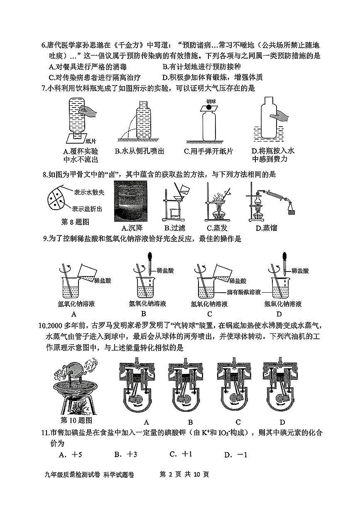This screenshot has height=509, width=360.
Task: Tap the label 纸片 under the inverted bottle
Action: pyautogui.click(x=91, y=141)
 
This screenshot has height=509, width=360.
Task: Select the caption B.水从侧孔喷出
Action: pyautogui.click(x=140, y=151)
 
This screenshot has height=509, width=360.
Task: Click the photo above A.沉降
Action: pyautogui.click(x=131, y=201)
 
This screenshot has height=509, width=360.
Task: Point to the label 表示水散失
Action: pyautogui.click(x=89, y=192)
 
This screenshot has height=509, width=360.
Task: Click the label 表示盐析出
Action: pyautogui.click(x=87, y=208)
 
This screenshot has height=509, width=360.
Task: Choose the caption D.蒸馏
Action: pyautogui.click(x=266, y=228)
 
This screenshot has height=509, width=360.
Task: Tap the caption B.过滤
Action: pyautogui.click(x=175, y=228)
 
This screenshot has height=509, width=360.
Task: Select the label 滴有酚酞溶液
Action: pyautogui.click(x=244, y=292)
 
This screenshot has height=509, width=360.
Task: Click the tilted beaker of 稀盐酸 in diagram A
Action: pyautogui.click(x=87, y=272)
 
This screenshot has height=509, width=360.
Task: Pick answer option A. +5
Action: pyautogui.click(x=70, y=455)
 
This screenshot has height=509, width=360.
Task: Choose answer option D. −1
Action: pyautogui.click(x=235, y=455)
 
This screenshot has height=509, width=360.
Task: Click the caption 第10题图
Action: pyautogui.click(x=76, y=420)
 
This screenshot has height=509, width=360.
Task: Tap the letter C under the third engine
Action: pyautogui.click(x=238, y=422)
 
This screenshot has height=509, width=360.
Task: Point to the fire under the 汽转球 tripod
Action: pyautogui.click(x=78, y=406)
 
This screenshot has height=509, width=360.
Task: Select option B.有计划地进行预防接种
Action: pyautogui.click(x=201, y=66)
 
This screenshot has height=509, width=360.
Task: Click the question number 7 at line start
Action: pyautogui.click(x=44, y=88)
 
